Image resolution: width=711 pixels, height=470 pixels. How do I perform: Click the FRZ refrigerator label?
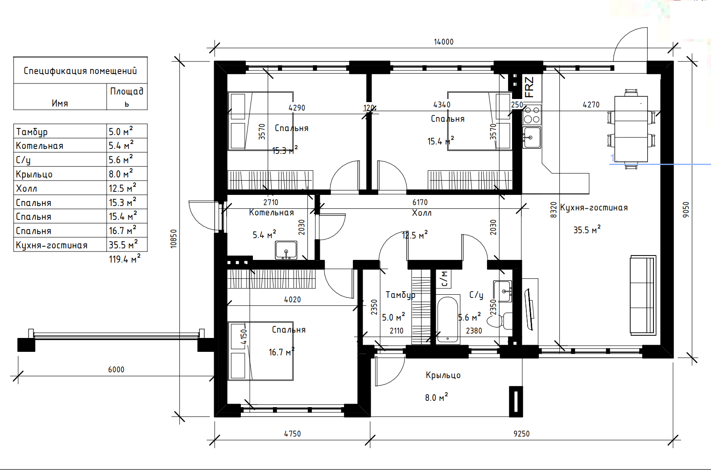pyautogui.click(x=529, y=87)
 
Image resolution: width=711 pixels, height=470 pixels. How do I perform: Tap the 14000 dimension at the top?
pyautogui.click(x=443, y=42)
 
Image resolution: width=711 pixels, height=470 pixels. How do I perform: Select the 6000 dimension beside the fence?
pyautogui.click(x=116, y=370)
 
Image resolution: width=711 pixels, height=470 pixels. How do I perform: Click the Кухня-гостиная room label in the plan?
pyautogui.click(x=594, y=208)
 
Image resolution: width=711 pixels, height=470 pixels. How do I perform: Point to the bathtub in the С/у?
pyautogui.click(x=447, y=320)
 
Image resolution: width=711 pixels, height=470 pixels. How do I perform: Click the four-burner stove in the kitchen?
pyautogui.click(x=532, y=115)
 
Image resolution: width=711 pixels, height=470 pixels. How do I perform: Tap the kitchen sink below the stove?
pyautogui.click(x=531, y=137)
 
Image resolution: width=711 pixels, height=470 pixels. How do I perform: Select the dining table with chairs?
pyautogui.click(x=631, y=129)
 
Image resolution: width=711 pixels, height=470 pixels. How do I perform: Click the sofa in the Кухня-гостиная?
pyautogui.click(x=643, y=295)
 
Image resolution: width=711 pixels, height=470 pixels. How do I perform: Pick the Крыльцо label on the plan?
pyautogui.click(x=443, y=375)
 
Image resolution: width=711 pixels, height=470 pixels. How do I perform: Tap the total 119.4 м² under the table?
pyautogui.click(x=124, y=259)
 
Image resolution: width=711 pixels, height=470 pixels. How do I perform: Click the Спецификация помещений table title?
pyautogui.click(x=80, y=71)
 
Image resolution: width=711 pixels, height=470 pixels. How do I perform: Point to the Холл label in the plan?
pyautogui.click(x=422, y=213)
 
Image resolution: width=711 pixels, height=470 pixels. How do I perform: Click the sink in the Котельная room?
pyautogui.click(x=286, y=250)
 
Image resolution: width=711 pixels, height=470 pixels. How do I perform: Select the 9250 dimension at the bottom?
pyautogui.click(x=521, y=434)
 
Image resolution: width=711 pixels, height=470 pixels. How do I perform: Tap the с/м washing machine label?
pyautogui.click(x=443, y=279)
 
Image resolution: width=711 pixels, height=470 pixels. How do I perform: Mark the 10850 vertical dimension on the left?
pyautogui.click(x=174, y=239)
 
